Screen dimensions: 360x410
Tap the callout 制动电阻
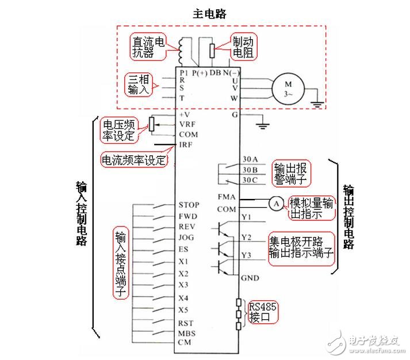[244, 47]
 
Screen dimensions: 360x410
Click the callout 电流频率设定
[134, 159]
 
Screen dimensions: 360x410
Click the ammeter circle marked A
[275, 202]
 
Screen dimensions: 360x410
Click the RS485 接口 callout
[262, 312]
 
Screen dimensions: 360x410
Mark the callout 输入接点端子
[121, 264]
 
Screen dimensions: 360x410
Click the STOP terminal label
[189, 205]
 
